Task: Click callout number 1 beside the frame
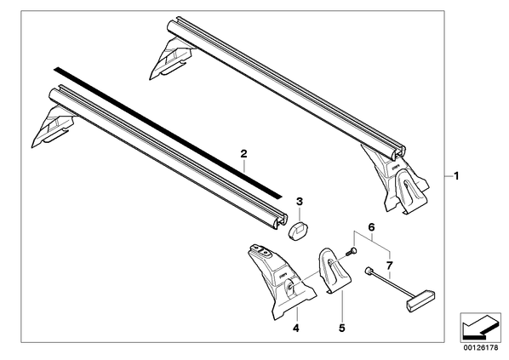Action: (x=456, y=176)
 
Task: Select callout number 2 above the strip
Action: (x=243, y=153)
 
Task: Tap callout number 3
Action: (x=300, y=202)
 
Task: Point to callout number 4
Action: (x=295, y=329)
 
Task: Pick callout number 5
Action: (x=341, y=329)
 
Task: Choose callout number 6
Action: (x=371, y=227)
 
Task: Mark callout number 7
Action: (x=390, y=266)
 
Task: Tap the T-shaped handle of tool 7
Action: (x=420, y=300)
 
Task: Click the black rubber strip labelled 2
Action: (x=168, y=133)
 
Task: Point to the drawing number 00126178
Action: (x=481, y=348)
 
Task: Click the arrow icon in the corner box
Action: (x=480, y=326)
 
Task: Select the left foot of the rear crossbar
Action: (x=171, y=58)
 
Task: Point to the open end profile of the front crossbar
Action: (x=54, y=221)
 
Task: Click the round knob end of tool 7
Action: (x=368, y=271)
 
